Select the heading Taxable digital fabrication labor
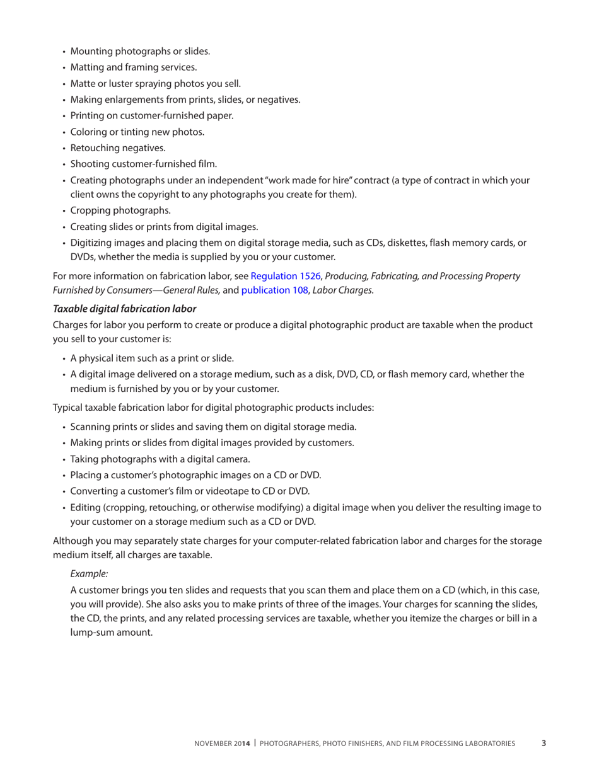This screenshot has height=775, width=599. tap(124, 309)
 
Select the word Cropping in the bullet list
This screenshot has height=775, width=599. tap(90, 210)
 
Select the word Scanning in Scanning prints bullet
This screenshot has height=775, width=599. tap(90, 426)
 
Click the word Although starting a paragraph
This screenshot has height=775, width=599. tap(73, 541)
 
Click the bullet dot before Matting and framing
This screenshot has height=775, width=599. tap(64, 67)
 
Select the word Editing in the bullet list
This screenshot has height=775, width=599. tap(86, 507)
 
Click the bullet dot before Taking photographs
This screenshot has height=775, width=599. tap(64, 459)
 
